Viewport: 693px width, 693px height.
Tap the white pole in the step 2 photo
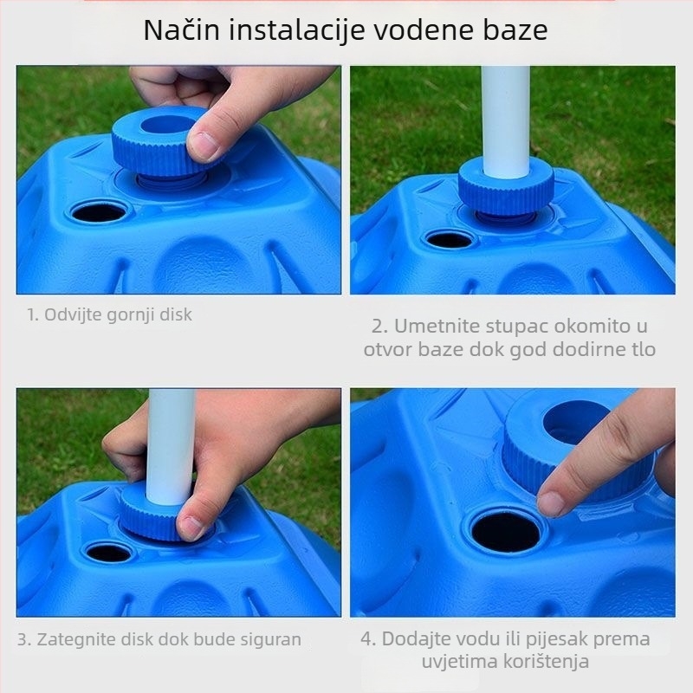[x=505, y=121]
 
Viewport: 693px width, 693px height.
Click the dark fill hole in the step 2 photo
[x=450, y=239]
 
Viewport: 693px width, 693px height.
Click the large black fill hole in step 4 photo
[x=506, y=531]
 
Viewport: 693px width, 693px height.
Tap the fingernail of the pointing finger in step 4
[x=551, y=502]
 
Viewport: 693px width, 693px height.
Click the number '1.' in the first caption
[x=33, y=315]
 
